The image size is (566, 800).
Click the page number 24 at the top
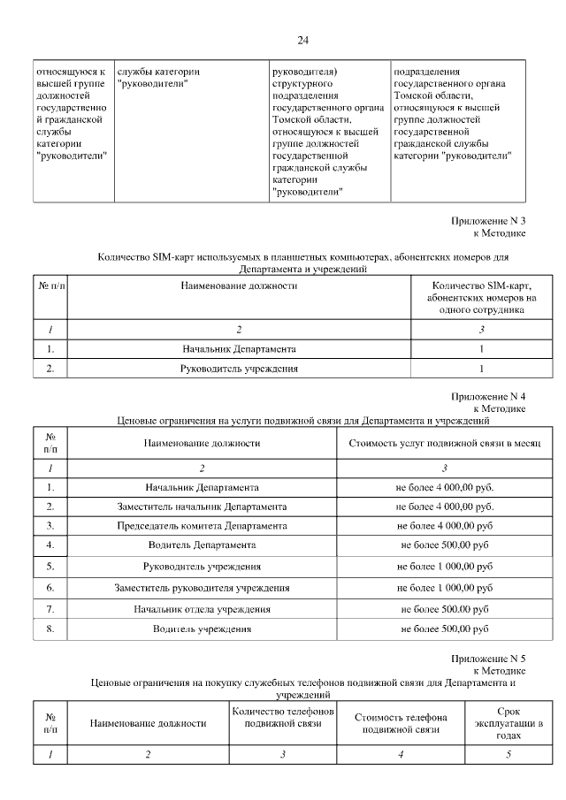click(x=302, y=41)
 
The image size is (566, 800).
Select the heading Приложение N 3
click(x=488, y=220)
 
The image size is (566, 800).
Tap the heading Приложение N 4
click(x=488, y=397)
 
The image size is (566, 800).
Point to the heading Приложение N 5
click(x=488, y=659)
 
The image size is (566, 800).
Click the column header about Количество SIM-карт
click(x=481, y=299)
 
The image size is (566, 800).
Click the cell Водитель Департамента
click(x=202, y=545)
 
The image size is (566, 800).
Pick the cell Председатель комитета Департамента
click(x=202, y=526)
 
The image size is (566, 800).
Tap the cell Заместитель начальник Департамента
click(x=202, y=507)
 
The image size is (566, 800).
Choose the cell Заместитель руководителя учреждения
click(x=202, y=587)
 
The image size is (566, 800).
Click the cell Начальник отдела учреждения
click(x=202, y=609)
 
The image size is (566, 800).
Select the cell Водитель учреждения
click(x=202, y=629)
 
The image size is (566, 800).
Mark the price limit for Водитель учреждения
click(x=444, y=629)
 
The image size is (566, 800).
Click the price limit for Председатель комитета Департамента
click(x=444, y=526)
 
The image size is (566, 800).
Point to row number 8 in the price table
click(x=50, y=629)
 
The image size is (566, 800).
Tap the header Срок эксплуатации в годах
click(x=509, y=722)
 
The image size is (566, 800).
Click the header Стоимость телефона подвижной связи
click(x=402, y=723)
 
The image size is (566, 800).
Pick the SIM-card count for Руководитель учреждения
click(x=481, y=369)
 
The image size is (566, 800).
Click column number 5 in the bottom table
click(x=509, y=754)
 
